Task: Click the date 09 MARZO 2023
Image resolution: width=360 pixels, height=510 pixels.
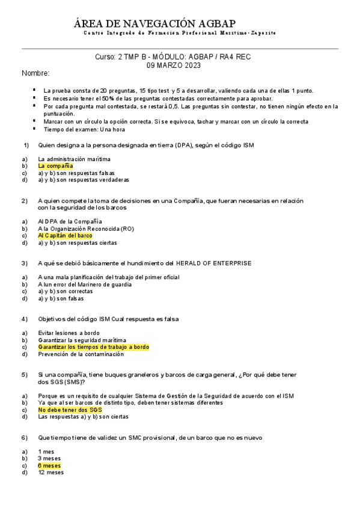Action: [x=173, y=65]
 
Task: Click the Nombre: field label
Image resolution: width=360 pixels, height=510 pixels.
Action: [x=35, y=73]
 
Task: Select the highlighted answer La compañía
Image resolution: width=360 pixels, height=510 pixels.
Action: [x=55, y=165]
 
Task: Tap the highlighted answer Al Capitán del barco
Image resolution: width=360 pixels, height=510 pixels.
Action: [x=65, y=236]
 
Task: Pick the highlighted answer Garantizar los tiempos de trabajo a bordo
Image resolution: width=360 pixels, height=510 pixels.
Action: [x=93, y=347]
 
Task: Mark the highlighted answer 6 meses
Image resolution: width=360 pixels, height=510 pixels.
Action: [x=49, y=465]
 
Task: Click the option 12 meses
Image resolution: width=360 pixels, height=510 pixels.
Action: [x=50, y=473]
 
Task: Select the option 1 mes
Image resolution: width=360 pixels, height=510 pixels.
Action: [x=46, y=451]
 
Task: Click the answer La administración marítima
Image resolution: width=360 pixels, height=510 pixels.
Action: [x=74, y=159]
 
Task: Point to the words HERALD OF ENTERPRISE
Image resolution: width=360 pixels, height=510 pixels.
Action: [x=213, y=263]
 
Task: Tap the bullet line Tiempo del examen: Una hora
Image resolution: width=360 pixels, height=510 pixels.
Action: [x=84, y=129]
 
